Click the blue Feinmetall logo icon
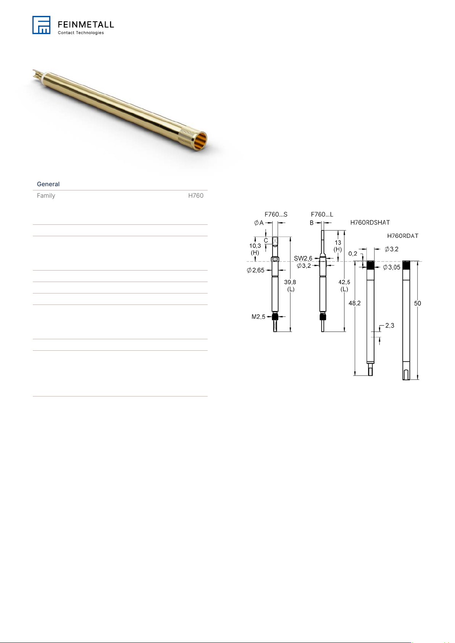(41, 25)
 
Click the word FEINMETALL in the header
(86, 25)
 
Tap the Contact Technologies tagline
(81, 33)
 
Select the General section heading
(48, 184)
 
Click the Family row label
(46, 195)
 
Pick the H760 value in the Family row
(196, 195)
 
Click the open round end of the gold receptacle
(201, 142)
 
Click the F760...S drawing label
(276, 214)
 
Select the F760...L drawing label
(322, 214)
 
